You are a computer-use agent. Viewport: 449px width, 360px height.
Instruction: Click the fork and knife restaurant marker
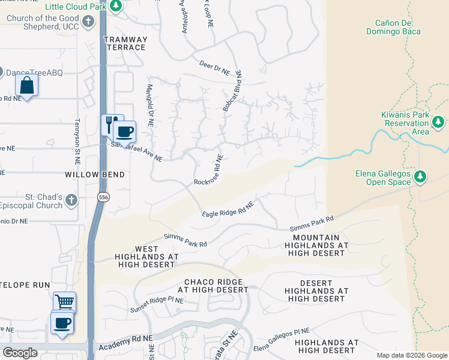[110, 124]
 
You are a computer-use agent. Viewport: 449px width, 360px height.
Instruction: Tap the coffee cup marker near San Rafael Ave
[125, 131]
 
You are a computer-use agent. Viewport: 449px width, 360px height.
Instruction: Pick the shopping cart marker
[64, 302]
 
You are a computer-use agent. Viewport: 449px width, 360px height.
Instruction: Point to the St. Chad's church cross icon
[71, 200]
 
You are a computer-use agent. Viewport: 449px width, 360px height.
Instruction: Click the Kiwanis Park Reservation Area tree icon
[438, 122]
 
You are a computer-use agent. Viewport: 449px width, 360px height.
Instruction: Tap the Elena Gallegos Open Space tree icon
[421, 176]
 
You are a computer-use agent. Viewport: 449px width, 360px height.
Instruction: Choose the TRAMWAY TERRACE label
[125, 43]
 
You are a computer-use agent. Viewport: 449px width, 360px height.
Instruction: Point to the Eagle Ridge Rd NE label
[228, 209]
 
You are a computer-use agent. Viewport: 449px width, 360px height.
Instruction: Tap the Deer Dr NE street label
[215, 67]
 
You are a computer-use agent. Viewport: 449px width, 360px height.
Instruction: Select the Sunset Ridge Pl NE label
[156, 305]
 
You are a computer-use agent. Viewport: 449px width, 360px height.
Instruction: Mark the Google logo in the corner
[20, 353]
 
